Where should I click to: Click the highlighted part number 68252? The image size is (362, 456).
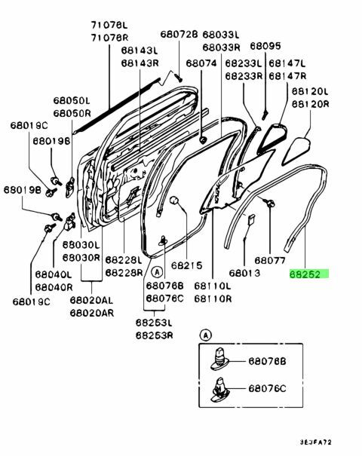click(x=309, y=276)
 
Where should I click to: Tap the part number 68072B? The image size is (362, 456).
click(x=178, y=35)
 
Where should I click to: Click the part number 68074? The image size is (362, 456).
click(x=201, y=65)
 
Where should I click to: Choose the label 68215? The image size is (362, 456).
click(x=186, y=266)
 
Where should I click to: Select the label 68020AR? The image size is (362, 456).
click(x=92, y=311)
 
